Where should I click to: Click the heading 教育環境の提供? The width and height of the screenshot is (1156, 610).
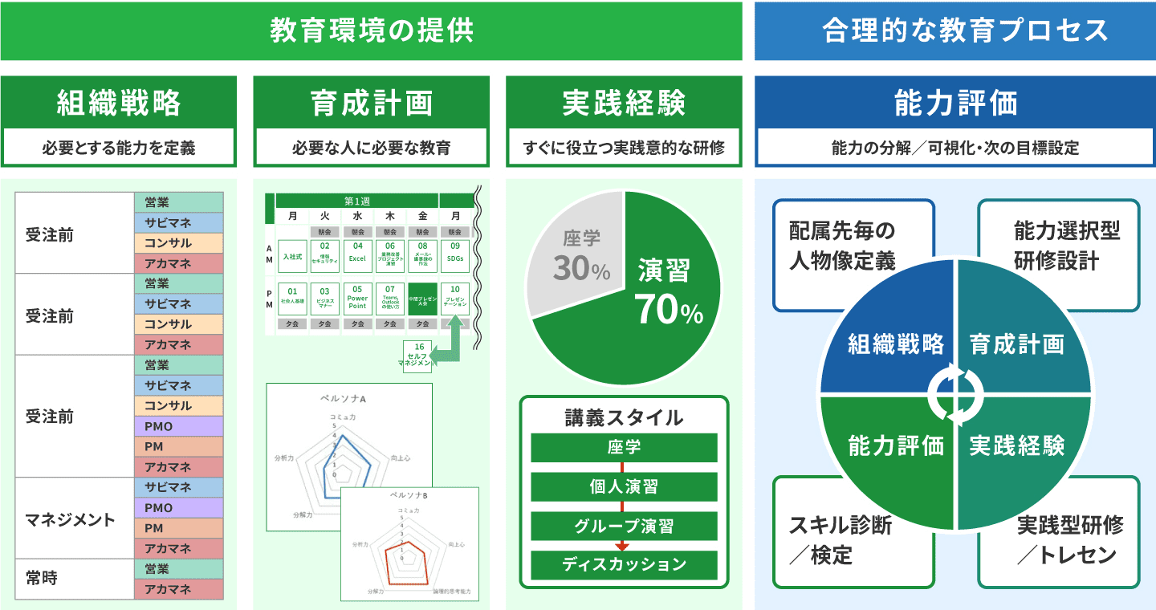click(371, 31)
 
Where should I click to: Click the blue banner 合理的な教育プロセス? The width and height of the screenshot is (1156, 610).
click(955, 31)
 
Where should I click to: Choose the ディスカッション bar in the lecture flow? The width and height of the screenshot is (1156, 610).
click(624, 564)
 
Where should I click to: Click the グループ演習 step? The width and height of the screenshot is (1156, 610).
click(624, 527)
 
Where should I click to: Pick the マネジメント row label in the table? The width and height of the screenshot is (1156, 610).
click(71, 519)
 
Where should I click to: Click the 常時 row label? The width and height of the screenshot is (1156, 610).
click(42, 579)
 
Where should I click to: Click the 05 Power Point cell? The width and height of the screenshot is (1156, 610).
click(357, 297)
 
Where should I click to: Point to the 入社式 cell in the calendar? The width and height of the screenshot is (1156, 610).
click(292, 255)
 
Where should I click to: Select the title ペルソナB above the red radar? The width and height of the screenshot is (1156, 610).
click(409, 495)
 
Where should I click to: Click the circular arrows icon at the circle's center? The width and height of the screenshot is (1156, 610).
click(955, 394)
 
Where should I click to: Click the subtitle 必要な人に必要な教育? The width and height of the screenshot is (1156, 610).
click(371, 148)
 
